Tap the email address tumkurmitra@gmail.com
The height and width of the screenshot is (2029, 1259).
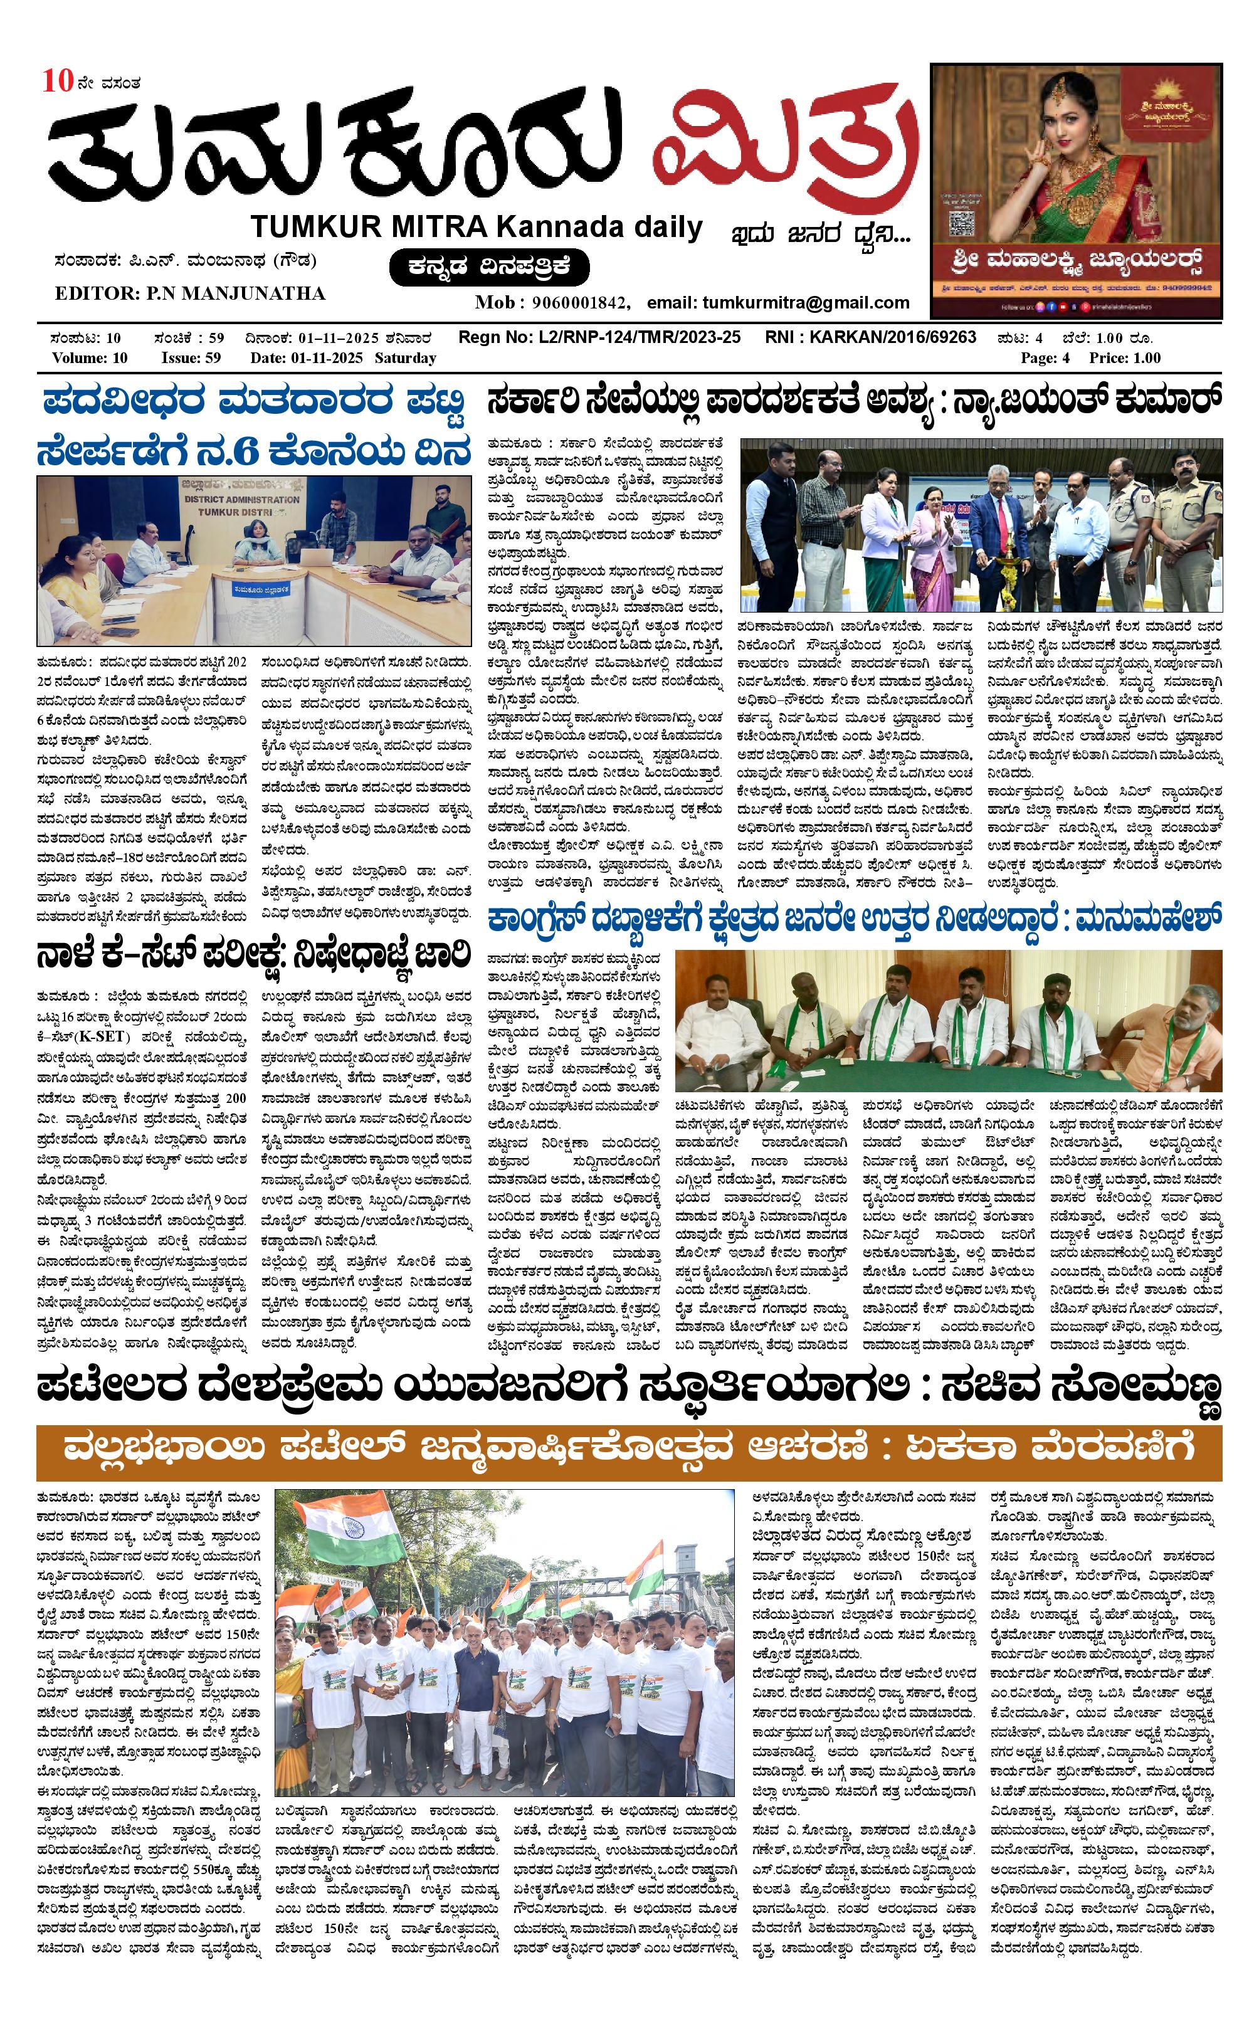tap(804, 302)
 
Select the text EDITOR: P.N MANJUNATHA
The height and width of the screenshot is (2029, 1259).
tap(190, 293)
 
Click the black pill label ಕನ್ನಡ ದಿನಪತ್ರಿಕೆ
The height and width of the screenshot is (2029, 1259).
tap(489, 267)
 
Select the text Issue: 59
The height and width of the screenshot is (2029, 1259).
tap(191, 358)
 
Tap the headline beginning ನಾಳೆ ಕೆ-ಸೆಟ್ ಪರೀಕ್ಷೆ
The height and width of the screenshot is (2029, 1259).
tap(253, 956)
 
